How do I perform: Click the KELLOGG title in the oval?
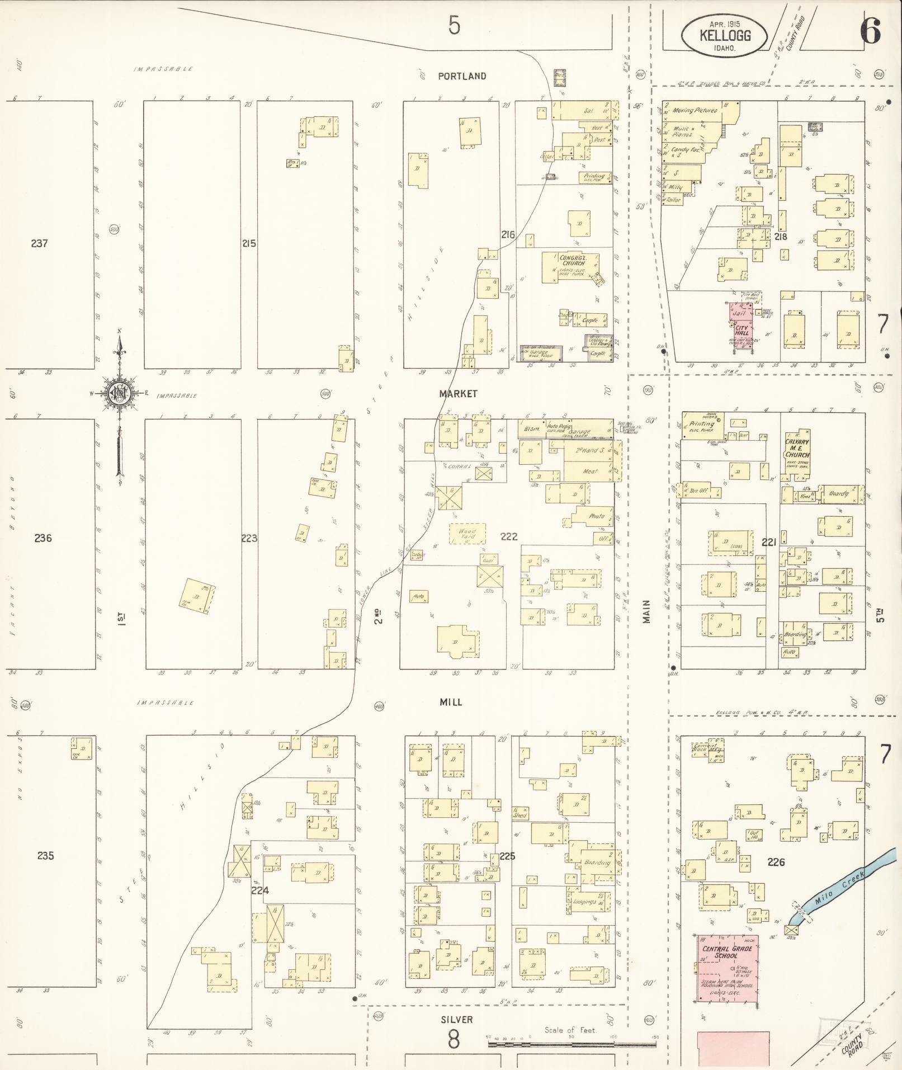tap(725, 36)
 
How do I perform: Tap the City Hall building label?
tap(742, 330)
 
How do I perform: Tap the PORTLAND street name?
tap(462, 76)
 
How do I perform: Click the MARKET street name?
tap(458, 394)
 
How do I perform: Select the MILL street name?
tap(451, 702)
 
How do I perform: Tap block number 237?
tap(39, 243)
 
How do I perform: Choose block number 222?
tap(509, 536)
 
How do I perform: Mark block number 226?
tap(776, 862)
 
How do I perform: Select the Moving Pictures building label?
tap(695, 111)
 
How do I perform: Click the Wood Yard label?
tap(467, 534)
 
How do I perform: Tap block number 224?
tap(260, 890)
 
